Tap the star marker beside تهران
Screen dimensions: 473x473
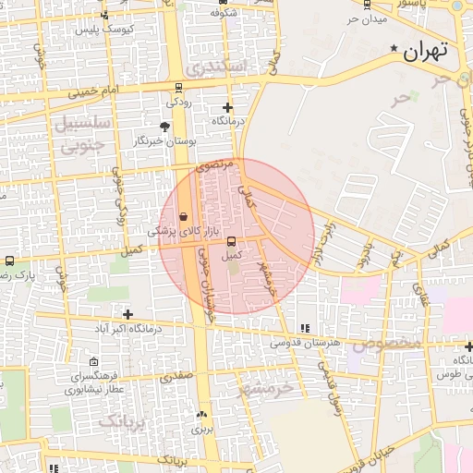[x=395, y=48]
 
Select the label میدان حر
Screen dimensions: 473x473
[x=366, y=19]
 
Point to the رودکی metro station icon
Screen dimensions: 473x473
[x=178, y=90]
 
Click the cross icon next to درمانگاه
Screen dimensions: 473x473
[x=227, y=107]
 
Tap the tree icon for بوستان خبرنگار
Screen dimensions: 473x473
[x=165, y=127]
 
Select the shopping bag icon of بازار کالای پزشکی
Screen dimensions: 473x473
[x=184, y=215]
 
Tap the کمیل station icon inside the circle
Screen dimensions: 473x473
[x=230, y=242]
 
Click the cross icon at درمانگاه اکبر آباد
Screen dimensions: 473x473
[x=127, y=314]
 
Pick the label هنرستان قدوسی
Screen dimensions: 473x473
[x=306, y=343]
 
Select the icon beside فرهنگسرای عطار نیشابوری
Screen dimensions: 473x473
[x=95, y=362]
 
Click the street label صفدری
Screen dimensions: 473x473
[x=176, y=377]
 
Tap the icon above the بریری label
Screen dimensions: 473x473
[x=201, y=415]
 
